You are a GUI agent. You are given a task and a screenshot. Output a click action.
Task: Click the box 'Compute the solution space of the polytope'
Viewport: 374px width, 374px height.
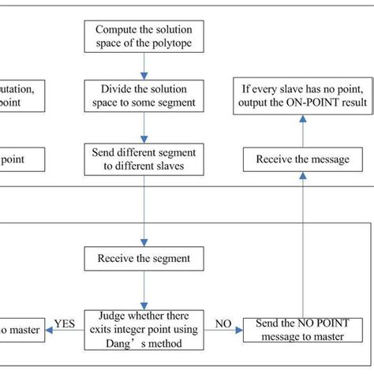[143, 36]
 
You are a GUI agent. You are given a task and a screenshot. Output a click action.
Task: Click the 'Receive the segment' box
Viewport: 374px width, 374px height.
[143, 258]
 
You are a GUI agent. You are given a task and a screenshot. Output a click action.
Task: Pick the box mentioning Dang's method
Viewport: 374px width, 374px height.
[143, 330]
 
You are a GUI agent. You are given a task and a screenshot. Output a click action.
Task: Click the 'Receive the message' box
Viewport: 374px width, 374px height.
[302, 159]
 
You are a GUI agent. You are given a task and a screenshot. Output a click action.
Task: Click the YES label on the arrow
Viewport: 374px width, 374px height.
[65, 322]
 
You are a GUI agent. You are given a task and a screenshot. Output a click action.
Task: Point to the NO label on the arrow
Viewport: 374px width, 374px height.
[223, 322]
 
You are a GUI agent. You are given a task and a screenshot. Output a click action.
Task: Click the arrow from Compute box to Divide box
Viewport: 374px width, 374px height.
[143, 66]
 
